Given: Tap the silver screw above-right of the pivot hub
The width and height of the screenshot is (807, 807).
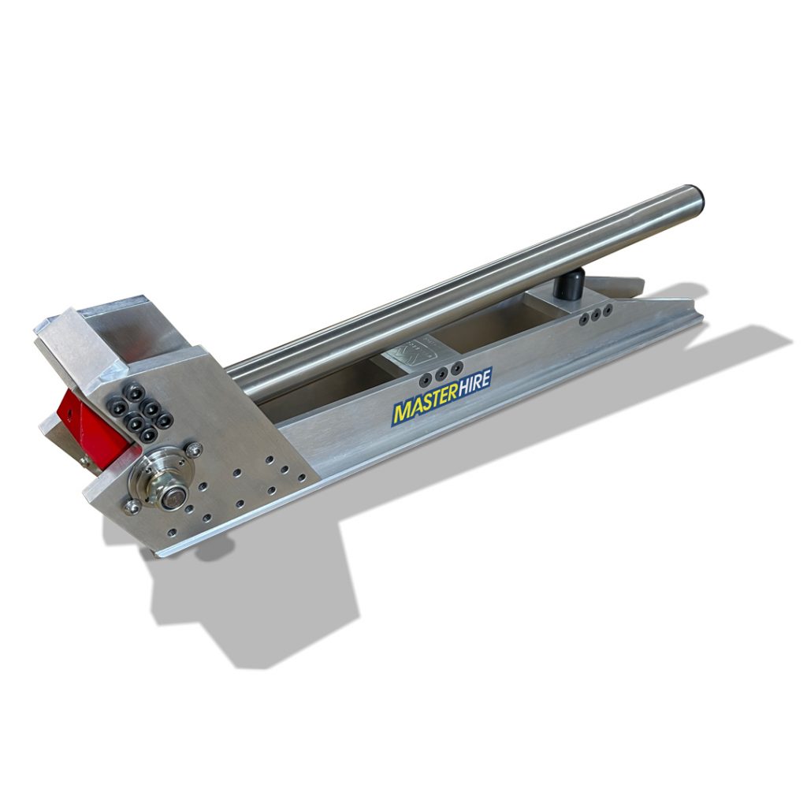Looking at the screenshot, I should tap(195, 449).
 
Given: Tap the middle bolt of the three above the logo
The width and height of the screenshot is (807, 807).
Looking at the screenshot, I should tap(441, 370).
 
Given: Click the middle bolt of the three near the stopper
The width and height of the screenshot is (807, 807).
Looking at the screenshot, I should tap(596, 313).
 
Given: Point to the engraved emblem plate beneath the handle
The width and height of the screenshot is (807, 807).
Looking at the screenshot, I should tap(414, 351).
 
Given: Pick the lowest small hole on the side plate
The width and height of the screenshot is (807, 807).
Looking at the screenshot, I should tap(206, 518).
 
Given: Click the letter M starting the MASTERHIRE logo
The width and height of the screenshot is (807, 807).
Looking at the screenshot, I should tap(402, 413).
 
